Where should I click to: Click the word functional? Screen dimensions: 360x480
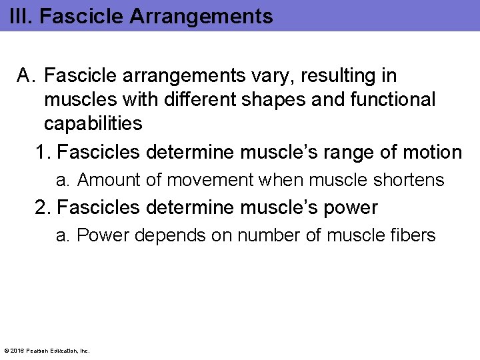(398, 100)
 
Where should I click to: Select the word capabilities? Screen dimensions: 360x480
(93, 123)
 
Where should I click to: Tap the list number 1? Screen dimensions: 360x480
(43, 153)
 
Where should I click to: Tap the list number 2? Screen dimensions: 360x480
(43, 207)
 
